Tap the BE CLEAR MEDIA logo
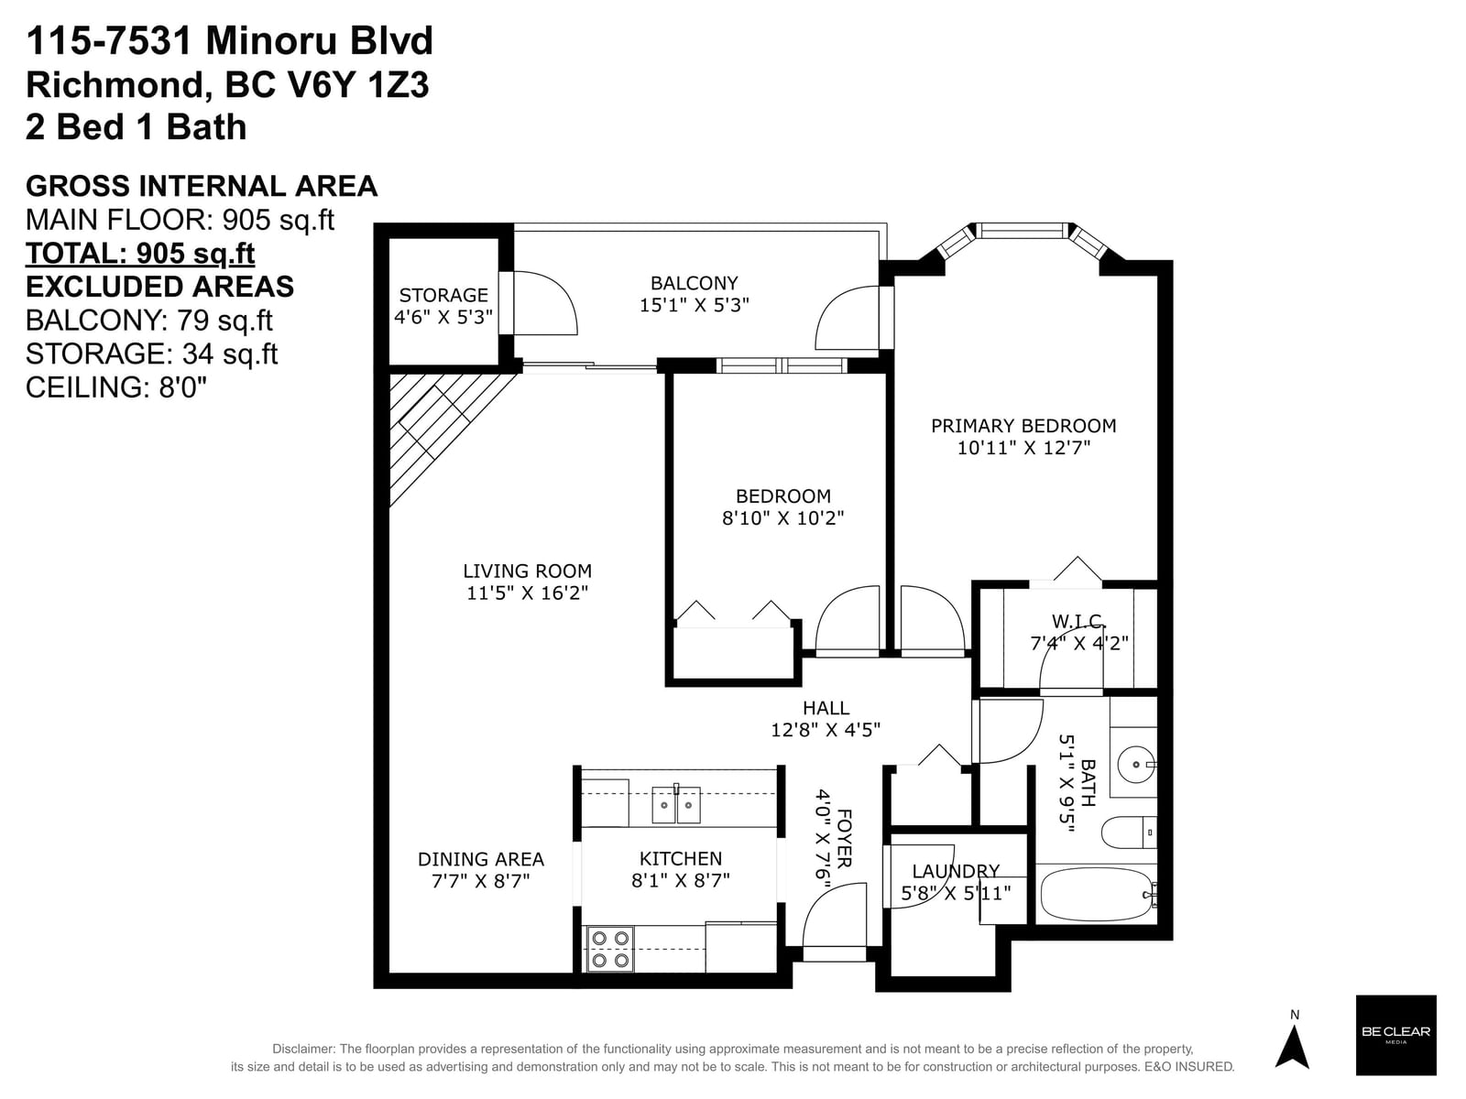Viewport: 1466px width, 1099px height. (x=1395, y=1036)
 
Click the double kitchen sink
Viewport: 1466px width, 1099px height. (x=676, y=805)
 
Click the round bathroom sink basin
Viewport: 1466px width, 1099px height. (x=1136, y=764)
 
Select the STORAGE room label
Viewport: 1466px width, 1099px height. (x=443, y=295)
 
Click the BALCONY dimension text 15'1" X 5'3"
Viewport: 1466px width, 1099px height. (x=695, y=305)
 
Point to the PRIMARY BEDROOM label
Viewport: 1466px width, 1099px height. (x=1023, y=426)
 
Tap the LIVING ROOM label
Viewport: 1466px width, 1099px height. (x=528, y=571)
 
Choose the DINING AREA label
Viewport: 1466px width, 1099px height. (x=481, y=859)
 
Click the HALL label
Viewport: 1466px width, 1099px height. (x=826, y=708)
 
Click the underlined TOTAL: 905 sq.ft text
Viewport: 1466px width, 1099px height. (x=140, y=254)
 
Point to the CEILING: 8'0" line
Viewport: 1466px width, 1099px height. (x=116, y=387)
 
